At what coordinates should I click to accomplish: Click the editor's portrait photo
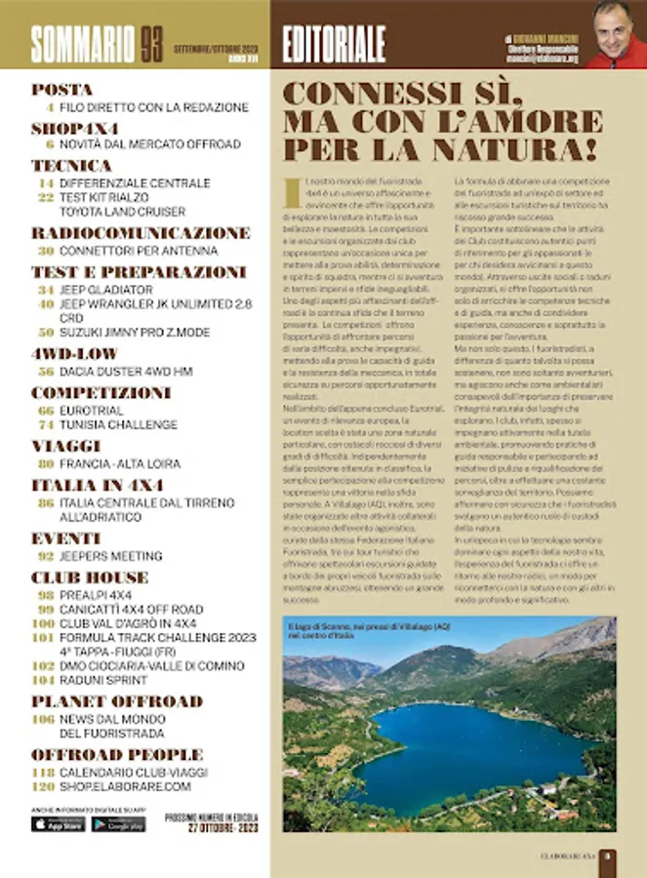click(614, 34)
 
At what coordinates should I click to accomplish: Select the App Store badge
click(59, 823)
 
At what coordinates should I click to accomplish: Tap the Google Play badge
click(119, 823)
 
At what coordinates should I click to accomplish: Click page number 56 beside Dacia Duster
click(46, 372)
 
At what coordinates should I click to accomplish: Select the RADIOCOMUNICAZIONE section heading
click(141, 233)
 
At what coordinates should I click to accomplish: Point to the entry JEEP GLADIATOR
click(106, 290)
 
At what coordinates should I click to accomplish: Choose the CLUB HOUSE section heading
click(90, 578)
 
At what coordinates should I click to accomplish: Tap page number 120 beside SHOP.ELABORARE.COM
click(42, 785)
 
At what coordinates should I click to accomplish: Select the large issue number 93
click(150, 43)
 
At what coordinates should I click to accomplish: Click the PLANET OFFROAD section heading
click(117, 701)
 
